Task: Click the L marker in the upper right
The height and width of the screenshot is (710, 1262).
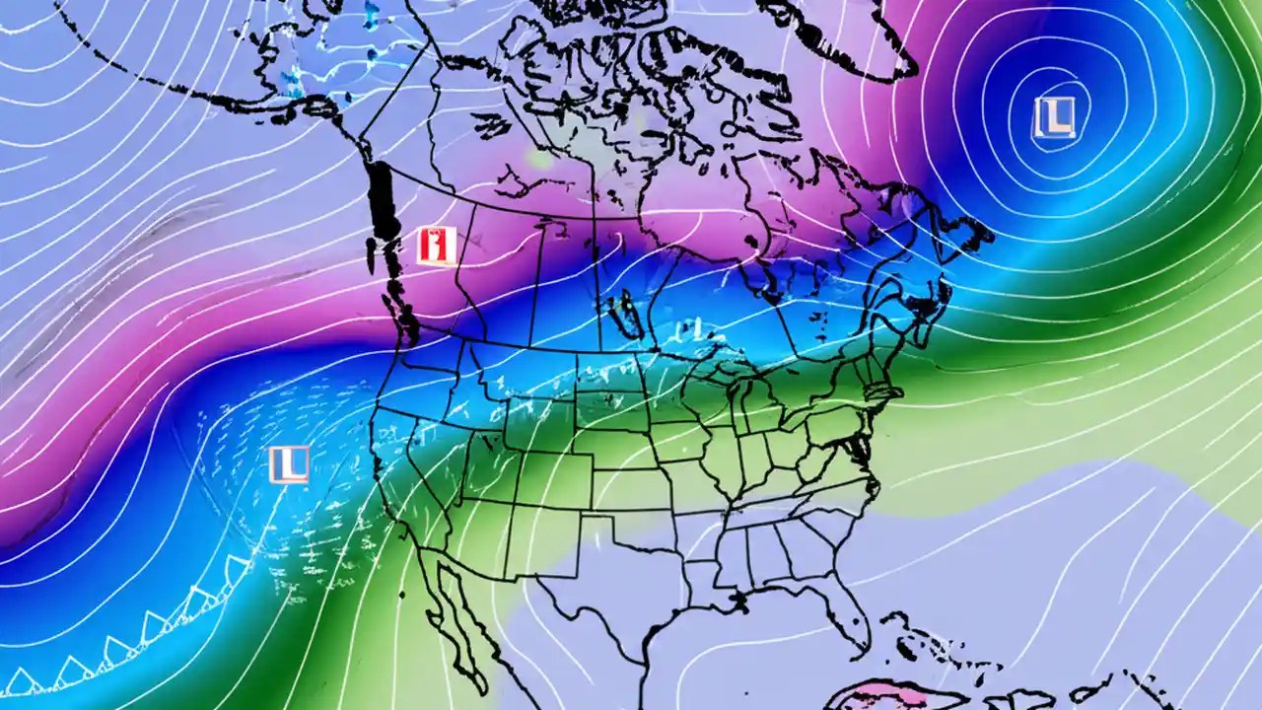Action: pyautogui.click(x=1055, y=117)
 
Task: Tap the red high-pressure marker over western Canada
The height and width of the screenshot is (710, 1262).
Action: pyautogui.click(x=436, y=246)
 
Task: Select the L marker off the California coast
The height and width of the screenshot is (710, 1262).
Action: pyautogui.click(x=289, y=464)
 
